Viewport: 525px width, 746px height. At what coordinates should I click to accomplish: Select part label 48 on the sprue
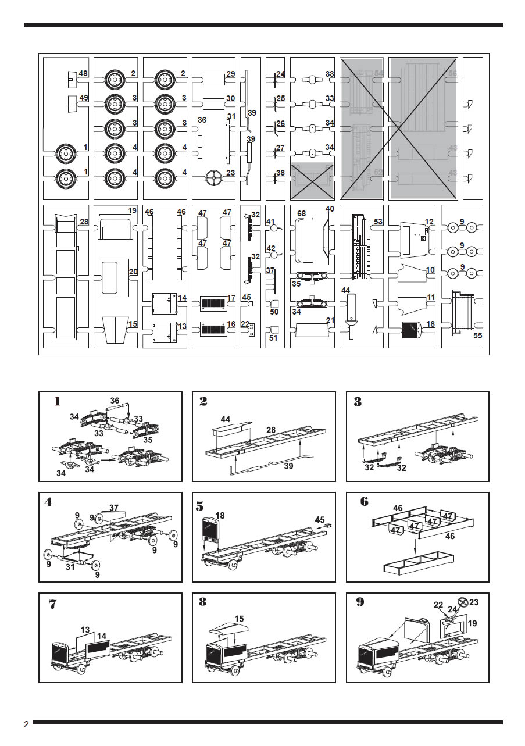pyautogui.click(x=83, y=74)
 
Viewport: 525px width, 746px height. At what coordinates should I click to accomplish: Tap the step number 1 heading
pyautogui.click(x=57, y=401)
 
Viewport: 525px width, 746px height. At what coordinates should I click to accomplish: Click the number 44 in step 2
pyautogui.click(x=226, y=419)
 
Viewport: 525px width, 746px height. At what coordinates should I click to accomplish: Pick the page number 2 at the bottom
pyautogui.click(x=26, y=724)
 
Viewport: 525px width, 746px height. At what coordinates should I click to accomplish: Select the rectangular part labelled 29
pyautogui.click(x=214, y=79)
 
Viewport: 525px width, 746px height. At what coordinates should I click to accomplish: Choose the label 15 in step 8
pyautogui.click(x=239, y=618)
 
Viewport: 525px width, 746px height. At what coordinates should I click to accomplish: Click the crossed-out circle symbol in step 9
pyautogui.click(x=463, y=603)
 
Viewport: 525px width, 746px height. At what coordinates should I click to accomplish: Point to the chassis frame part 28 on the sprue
pyautogui.click(x=65, y=277)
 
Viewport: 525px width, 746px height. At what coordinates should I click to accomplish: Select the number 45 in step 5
pyautogui.click(x=320, y=520)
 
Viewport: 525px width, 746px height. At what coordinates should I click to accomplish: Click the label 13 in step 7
pyautogui.click(x=85, y=630)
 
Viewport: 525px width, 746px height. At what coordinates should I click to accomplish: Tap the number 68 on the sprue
pyautogui.click(x=301, y=214)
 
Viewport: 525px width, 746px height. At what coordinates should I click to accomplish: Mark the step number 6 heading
pyautogui.click(x=364, y=502)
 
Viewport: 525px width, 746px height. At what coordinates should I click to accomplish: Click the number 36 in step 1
pyautogui.click(x=115, y=401)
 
